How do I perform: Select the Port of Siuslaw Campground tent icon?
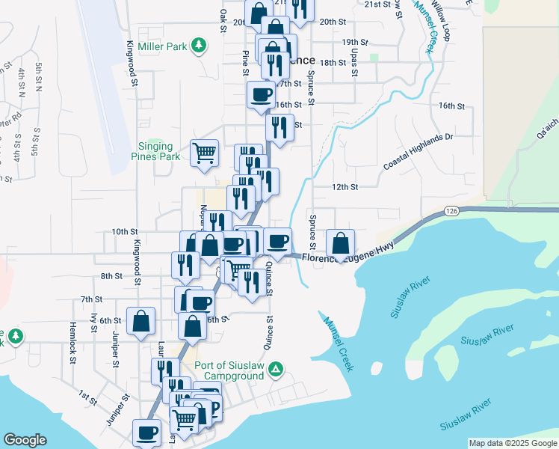(276, 369)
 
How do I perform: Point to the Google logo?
(25, 440)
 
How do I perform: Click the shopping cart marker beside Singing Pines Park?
(204, 152)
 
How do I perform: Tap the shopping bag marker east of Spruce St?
(341, 242)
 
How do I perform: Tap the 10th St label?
(125, 232)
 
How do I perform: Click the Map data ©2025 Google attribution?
(512, 443)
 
